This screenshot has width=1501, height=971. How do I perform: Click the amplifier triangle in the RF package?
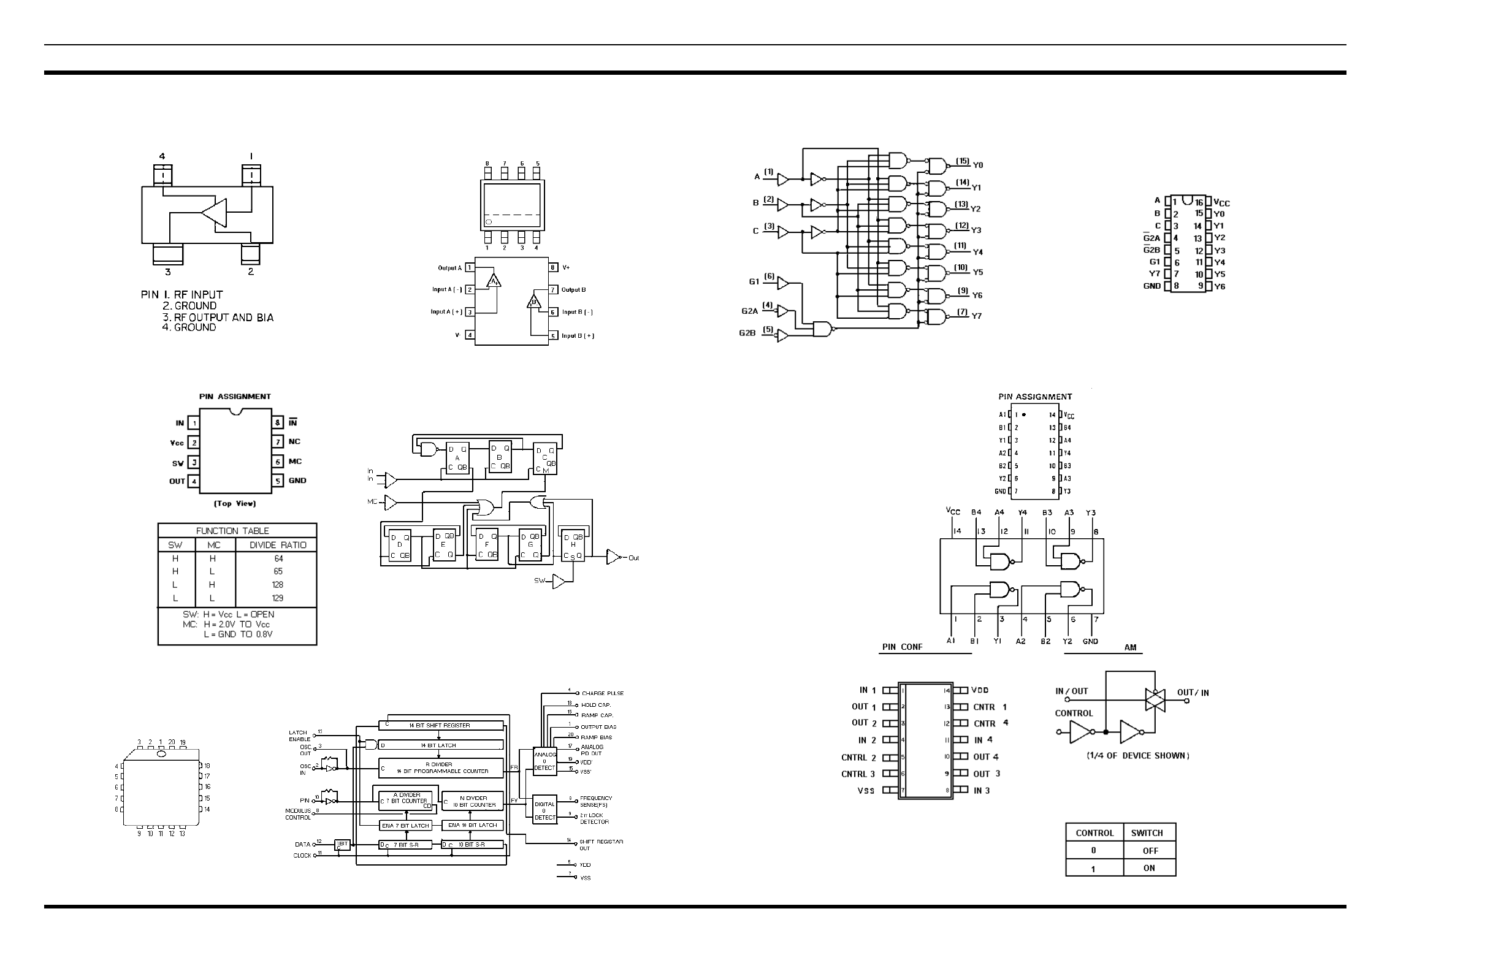[x=215, y=213]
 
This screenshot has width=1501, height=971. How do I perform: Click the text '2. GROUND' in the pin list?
[x=190, y=306]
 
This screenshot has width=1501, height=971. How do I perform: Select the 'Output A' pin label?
[x=449, y=268]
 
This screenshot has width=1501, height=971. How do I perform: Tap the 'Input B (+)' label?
[x=578, y=336]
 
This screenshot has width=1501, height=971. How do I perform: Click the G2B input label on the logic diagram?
[x=747, y=333]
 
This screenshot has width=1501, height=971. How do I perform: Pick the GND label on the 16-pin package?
[x=1152, y=286]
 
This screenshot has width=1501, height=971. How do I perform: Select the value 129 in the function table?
[x=278, y=598]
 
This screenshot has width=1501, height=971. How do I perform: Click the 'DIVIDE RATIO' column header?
[x=278, y=546]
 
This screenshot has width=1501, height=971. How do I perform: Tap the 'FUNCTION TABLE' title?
[x=232, y=531]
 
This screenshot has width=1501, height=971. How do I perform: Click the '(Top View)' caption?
[x=235, y=504]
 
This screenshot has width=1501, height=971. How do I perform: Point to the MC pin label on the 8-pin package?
[x=295, y=462]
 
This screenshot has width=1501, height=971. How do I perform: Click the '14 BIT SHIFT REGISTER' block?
[x=440, y=726]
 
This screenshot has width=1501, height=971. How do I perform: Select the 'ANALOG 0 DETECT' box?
[x=544, y=761]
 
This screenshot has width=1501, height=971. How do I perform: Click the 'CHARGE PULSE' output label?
[x=602, y=693]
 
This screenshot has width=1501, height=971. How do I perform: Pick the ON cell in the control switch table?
[x=1149, y=868]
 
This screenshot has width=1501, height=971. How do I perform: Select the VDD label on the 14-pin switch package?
[x=979, y=690]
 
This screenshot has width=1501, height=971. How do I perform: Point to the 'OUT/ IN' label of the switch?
[x=1193, y=693]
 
